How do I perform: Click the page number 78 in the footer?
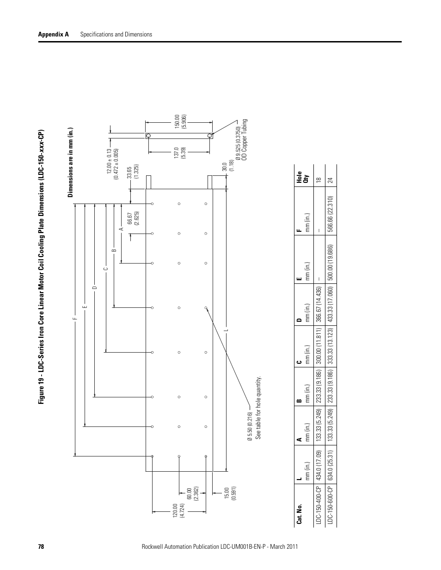point(41,546)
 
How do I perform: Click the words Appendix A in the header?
point(53,34)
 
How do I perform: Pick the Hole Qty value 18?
point(318,180)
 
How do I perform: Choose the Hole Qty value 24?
point(330,180)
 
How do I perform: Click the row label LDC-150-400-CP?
point(318,508)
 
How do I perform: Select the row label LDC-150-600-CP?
point(330,508)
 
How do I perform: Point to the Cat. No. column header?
point(300,514)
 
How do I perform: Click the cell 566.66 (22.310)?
point(330,216)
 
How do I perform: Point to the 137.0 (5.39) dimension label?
point(180,153)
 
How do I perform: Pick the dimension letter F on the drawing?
point(73,318)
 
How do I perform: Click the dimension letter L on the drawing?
point(227,330)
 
